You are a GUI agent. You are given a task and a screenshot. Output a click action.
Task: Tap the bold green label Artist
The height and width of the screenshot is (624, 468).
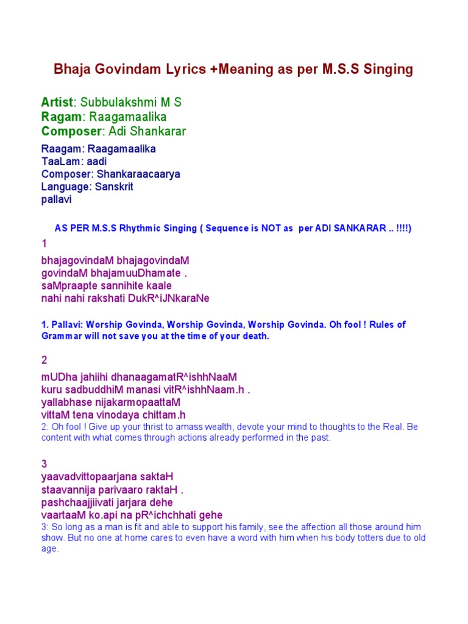[x=57, y=102]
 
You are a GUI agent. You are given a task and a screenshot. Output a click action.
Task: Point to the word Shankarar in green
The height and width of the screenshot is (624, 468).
[x=159, y=131]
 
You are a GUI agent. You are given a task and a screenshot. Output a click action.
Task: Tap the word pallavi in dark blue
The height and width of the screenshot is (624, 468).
[x=57, y=199]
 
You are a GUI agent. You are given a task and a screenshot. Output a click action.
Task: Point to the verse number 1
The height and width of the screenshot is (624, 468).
[x=44, y=244]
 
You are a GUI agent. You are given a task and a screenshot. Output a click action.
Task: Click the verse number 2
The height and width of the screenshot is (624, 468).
[x=44, y=360]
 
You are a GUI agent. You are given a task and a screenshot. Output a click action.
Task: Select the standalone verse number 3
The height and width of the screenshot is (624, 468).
[x=44, y=464]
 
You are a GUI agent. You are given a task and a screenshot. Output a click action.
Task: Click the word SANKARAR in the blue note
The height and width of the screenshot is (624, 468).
[x=359, y=229]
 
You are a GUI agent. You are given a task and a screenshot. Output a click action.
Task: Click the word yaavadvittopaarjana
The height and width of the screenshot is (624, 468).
[x=89, y=477]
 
